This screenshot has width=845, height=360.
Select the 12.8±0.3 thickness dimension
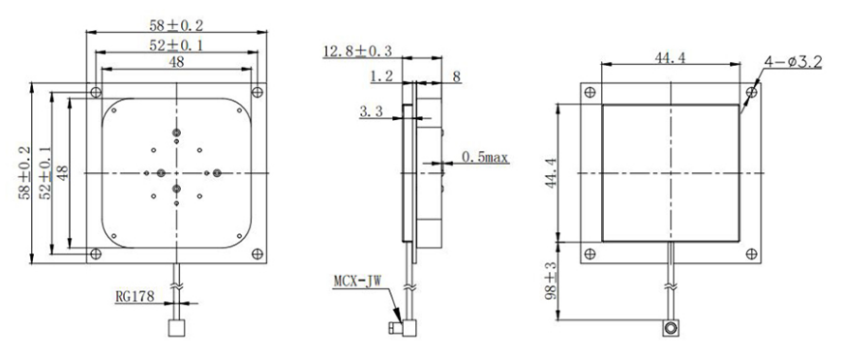coord(355,49)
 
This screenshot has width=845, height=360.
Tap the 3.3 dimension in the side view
coord(372,113)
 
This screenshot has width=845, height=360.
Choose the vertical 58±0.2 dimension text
coord(26,172)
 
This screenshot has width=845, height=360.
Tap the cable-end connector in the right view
coord(669,330)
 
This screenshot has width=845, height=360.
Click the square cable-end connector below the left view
coord(175,328)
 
